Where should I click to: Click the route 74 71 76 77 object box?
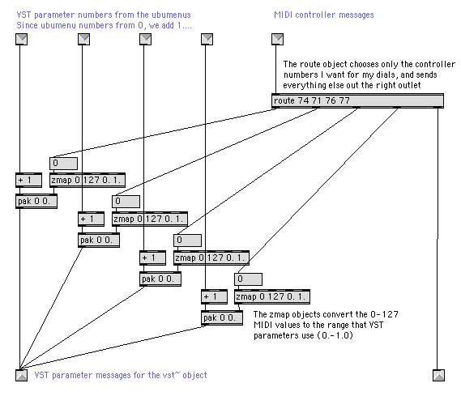357,100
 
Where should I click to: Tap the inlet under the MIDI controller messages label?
277,39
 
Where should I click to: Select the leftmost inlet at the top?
21,39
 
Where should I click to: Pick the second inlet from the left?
83,39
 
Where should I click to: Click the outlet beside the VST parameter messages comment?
21,375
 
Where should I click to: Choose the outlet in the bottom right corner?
438,375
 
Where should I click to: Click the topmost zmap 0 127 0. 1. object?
88,180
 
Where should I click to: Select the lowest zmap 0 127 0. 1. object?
272,296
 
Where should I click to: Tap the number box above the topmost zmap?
64,164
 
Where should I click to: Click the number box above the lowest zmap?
249,279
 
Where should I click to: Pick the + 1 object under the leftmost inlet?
29,180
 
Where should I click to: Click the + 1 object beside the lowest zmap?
215,296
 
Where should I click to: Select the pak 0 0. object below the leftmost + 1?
36,201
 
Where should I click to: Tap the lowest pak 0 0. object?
222,317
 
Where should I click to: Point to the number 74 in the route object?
303,100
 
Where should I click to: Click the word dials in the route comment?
386,75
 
